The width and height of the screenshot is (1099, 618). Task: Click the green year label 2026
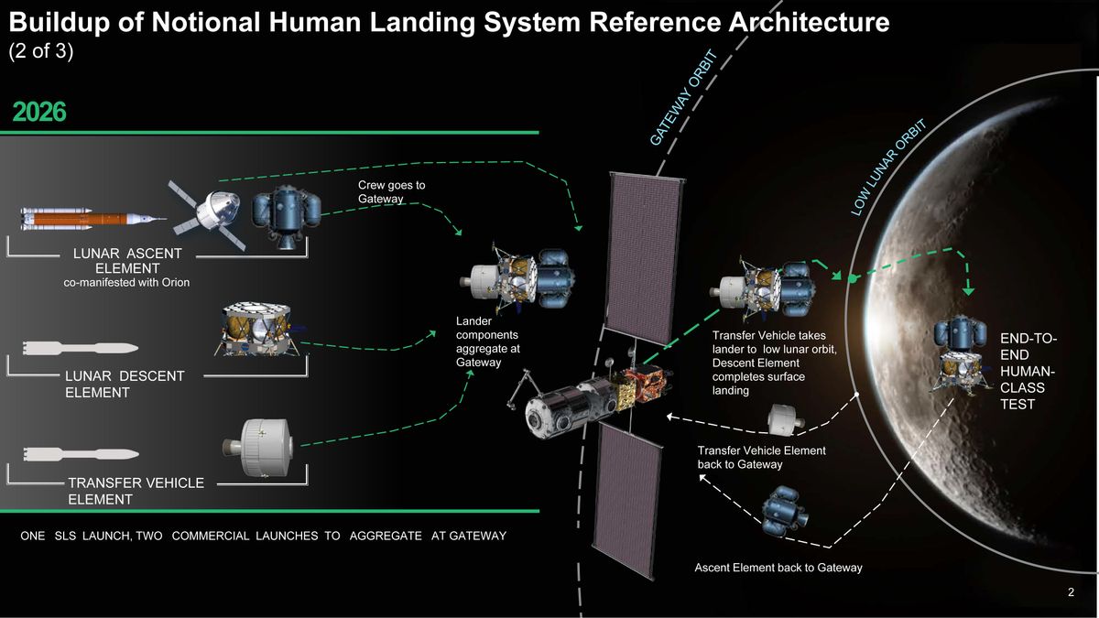click(39, 112)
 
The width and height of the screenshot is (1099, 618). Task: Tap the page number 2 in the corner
click(1071, 593)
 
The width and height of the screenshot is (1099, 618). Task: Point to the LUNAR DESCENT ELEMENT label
click(125, 384)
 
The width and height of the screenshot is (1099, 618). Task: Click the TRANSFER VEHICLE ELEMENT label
click(136, 491)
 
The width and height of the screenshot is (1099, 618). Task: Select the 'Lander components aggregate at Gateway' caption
click(488, 342)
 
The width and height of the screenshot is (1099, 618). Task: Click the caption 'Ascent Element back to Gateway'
click(778, 568)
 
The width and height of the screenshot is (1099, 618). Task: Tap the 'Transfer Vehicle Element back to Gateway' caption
click(761, 458)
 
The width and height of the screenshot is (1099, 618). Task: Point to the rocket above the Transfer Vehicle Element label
click(81, 454)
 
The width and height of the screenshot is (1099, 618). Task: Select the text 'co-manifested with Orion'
click(126, 283)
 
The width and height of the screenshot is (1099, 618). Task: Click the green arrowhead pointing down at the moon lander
click(968, 290)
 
